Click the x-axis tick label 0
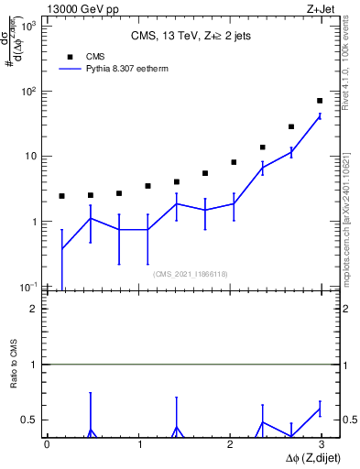coord(47,444)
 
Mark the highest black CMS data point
coord(320,101)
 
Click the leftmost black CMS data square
coord(61,196)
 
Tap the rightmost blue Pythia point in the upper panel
coord(320,116)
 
